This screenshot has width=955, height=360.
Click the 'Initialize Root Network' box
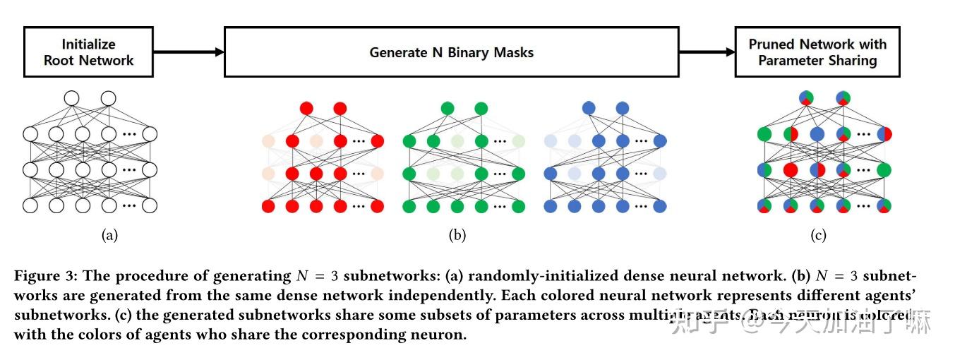88,52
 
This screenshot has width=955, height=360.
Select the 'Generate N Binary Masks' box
451,52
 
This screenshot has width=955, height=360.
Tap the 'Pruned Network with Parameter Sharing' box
817,52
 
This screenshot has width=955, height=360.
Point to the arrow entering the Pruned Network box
707,52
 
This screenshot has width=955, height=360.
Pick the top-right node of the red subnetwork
340,109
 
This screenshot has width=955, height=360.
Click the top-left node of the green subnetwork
448,109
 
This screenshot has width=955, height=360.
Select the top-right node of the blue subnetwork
622,109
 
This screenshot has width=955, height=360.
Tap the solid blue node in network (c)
817,134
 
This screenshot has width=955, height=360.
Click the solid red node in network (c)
791,169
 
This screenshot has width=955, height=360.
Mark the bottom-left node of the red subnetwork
268,206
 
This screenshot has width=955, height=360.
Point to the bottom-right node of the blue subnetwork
660,206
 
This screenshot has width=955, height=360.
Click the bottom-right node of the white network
150,205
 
